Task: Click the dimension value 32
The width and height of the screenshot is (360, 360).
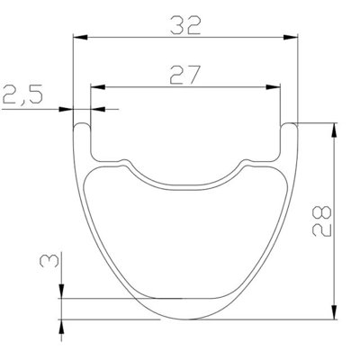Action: click(x=184, y=25)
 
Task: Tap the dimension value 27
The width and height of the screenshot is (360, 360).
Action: click(x=184, y=75)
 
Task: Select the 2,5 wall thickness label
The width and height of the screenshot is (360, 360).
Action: click(x=23, y=94)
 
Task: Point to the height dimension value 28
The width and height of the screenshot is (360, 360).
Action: click(x=321, y=220)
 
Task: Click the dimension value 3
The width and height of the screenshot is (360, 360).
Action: click(x=49, y=260)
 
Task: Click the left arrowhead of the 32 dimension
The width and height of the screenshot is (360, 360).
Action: click(x=80, y=37)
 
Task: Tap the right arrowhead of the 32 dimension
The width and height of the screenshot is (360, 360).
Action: click(x=291, y=37)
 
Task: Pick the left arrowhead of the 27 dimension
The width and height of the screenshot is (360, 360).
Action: click(x=97, y=87)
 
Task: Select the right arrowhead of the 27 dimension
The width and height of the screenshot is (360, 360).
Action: click(x=273, y=87)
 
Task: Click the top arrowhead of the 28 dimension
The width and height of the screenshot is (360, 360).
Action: click(x=334, y=130)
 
